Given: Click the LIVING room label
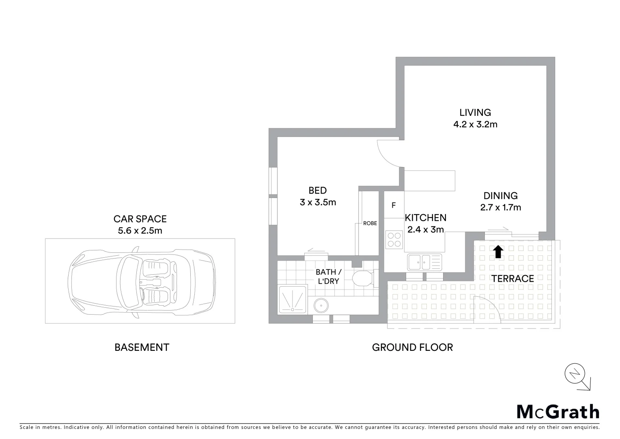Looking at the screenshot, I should tap(475, 112).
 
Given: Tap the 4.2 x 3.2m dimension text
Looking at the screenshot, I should tap(475, 124).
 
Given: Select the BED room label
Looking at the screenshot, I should tap(317, 190).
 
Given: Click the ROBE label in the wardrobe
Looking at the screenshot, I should tap(370, 223).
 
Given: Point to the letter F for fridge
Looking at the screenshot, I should tap(394, 206).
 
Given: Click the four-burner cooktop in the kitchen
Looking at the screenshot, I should tap(394, 239).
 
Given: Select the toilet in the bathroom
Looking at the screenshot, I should tap(362, 279).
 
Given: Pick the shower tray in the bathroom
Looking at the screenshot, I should tap(292, 300).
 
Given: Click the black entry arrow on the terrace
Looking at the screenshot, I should tap(498, 252).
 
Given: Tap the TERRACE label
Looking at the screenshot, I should tap(512, 278).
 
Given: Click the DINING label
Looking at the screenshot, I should tap(500, 196).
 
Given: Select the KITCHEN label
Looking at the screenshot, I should tap(426, 218).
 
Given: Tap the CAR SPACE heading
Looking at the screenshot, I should tap(140, 219).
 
